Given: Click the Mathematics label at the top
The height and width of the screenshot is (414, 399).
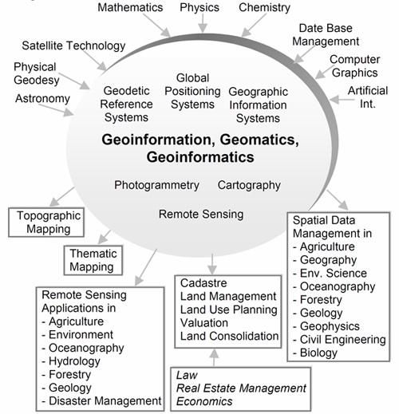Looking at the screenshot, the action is click(130, 7).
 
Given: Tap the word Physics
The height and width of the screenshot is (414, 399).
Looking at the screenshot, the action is click(199, 8).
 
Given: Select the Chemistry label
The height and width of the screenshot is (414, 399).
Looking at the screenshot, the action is click(264, 8).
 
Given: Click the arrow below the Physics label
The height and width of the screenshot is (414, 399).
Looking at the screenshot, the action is click(203, 23).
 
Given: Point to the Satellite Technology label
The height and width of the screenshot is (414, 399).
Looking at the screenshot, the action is click(73, 45).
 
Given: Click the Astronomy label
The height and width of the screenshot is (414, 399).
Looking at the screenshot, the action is click(42, 99).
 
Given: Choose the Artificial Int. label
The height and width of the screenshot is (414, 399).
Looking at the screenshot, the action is click(368, 97).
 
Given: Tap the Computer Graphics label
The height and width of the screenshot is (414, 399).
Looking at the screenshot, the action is click(355, 66).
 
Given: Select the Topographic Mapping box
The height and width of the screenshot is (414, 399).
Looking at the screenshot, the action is click(46, 223).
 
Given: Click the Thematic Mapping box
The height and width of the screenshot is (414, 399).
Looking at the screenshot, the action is click(93, 260).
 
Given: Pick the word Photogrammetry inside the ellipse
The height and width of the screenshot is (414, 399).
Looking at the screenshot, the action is click(156, 185).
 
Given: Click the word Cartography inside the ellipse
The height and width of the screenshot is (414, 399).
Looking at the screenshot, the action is click(249, 185).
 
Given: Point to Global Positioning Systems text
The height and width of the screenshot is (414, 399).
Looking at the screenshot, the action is click(192, 91).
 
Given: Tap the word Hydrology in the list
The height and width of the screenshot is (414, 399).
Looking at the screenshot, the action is click(74, 361).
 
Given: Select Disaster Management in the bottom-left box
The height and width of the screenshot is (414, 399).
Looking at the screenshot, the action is click(105, 401).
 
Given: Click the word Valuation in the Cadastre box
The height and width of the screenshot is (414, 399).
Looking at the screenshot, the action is click(204, 323).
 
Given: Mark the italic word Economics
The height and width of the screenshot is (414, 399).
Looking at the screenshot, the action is click(204, 401).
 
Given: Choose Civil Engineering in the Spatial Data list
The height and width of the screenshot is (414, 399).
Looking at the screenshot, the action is click(343, 340).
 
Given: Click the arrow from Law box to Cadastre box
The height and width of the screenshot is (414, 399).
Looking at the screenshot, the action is click(214, 357).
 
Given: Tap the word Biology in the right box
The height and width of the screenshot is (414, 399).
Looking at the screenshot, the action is click(318, 353).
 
